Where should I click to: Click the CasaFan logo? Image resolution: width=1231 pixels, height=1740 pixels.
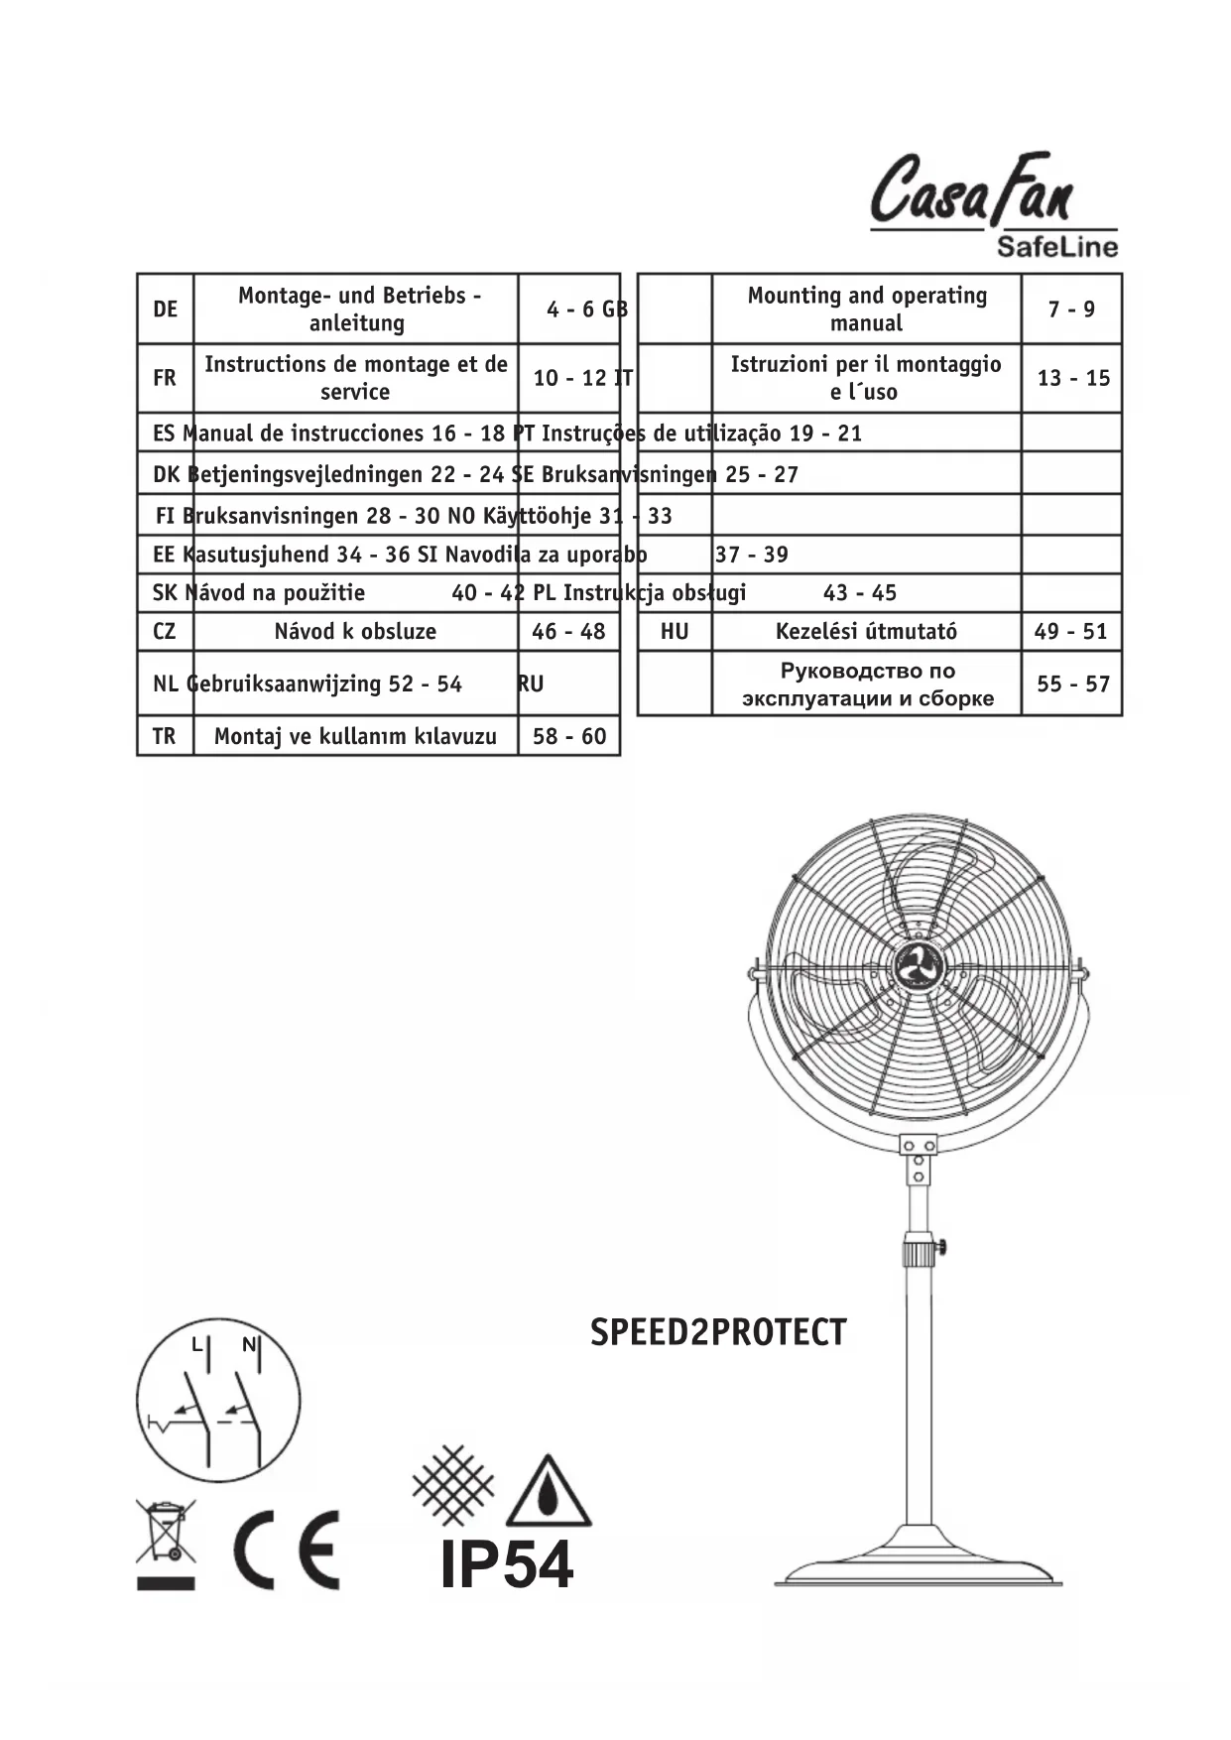point(972,189)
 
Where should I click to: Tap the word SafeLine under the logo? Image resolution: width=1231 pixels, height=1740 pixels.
point(1056,246)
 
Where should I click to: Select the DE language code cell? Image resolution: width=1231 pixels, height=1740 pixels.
point(165,309)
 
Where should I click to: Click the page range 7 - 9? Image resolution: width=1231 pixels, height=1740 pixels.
point(1071,309)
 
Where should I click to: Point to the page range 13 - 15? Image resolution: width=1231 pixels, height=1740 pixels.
point(1073,378)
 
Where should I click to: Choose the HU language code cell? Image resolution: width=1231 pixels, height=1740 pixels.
point(675,631)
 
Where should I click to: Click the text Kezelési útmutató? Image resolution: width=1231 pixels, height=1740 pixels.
point(866,631)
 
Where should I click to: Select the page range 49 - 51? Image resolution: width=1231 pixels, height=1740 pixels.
point(1071,631)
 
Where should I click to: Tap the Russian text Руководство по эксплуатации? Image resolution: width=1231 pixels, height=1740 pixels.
point(867,684)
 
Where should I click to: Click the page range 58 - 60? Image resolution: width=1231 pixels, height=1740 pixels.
point(568,736)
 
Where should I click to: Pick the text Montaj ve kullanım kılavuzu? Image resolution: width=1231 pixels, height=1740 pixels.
point(355,736)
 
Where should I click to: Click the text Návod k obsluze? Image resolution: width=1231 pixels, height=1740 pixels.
point(355,631)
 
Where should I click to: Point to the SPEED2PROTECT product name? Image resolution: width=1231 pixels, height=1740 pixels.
point(718,1332)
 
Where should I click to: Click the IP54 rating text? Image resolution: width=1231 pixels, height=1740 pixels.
point(507,1565)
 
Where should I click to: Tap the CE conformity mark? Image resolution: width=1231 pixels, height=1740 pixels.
point(287,1550)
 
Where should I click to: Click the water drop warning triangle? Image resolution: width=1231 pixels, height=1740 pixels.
point(549,1492)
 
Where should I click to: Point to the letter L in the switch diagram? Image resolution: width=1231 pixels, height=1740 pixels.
point(197,1346)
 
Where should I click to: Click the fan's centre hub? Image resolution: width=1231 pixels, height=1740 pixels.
point(918,966)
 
